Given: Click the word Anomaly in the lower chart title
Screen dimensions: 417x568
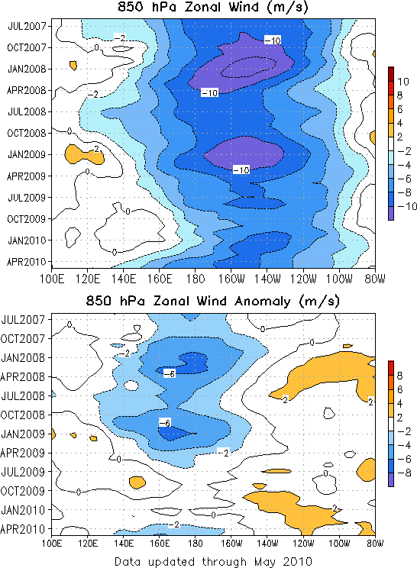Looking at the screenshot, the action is pos(263,302).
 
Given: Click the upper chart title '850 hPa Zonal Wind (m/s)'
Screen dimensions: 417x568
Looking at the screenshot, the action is pos(213,7).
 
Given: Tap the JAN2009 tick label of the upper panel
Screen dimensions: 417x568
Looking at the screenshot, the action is pos(27,155).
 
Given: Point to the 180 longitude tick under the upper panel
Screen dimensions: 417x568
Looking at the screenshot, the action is pos(196,279).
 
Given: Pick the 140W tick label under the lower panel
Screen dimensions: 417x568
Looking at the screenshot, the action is pos(267,544).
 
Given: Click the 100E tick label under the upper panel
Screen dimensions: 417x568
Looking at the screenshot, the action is pos(52,279).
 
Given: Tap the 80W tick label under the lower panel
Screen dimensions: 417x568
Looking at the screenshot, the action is pos(375,544).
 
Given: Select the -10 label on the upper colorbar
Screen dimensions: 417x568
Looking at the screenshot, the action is pos(407,206).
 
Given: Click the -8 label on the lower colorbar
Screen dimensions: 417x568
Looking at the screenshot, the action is pos(404,473).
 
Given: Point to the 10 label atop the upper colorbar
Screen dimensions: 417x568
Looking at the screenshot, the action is pos(402,82).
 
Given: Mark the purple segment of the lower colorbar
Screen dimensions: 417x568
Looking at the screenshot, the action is pos(391,479).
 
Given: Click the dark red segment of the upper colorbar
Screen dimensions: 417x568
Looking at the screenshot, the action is pos(391,73).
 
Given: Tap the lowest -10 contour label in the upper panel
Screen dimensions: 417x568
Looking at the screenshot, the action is pos(241,170).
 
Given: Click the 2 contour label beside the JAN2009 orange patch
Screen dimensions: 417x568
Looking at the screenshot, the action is pos(96,149).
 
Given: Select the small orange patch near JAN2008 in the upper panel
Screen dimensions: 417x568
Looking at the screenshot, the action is pos(73,65).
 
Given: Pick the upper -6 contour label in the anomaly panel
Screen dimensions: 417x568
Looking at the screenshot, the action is pos(170,373).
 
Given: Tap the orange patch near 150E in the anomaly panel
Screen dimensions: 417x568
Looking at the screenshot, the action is pos(137,482).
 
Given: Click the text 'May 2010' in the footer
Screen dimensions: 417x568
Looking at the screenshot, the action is pos(283,562).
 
